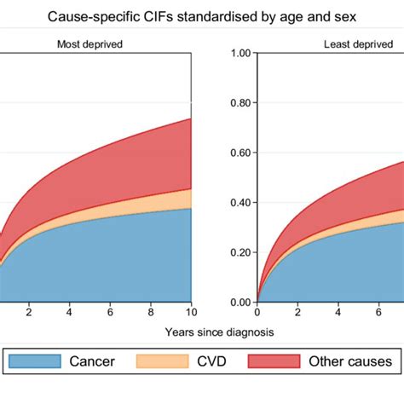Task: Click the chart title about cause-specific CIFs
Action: pos(202,16)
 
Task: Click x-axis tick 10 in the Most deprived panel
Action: pos(191,313)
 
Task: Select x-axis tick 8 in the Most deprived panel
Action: pos(150,313)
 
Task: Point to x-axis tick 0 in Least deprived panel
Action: pos(257,313)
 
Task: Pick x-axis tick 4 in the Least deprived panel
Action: pos(339,313)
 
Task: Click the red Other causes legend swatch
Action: pos(274,362)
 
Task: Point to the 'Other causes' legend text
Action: pos(345,362)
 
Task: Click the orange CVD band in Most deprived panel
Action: pos(170,203)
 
